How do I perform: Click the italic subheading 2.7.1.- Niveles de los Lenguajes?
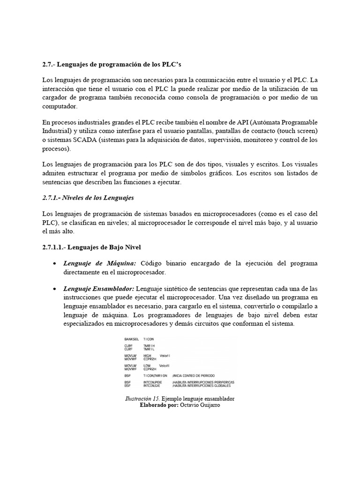[x=88, y=198]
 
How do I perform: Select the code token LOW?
[x=147, y=365]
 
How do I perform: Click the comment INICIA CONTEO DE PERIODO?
[x=196, y=375]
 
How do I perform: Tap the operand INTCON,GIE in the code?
[x=152, y=385]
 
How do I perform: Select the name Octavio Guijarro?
[x=200, y=405]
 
